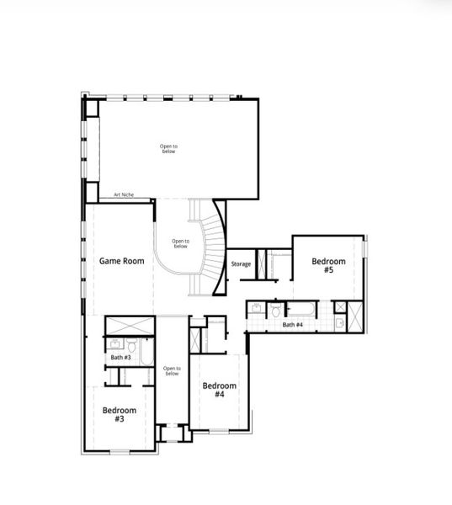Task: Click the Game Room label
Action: [121, 261]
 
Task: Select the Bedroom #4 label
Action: [219, 390]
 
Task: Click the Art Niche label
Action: [124, 195]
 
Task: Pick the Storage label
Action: [241, 264]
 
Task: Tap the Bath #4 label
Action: [293, 325]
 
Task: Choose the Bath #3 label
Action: [120, 358]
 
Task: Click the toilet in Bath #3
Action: [133, 345]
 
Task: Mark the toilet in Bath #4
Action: [276, 311]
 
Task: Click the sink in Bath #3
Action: [113, 343]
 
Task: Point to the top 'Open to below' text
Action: [169, 148]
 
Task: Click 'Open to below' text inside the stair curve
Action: [180, 244]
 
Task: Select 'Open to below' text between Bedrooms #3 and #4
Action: [172, 370]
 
